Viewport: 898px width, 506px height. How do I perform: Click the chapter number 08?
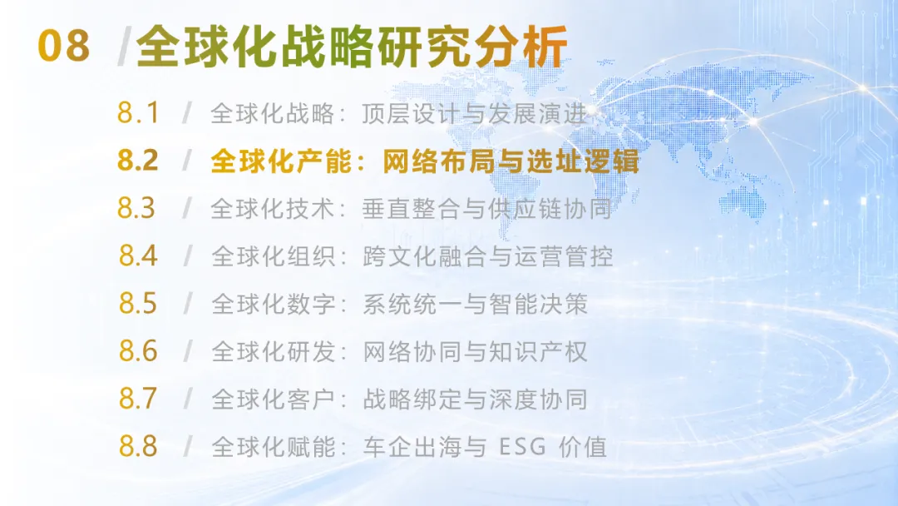tap(63, 46)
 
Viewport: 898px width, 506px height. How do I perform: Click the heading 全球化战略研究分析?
tap(352, 46)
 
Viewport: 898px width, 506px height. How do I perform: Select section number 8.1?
tap(137, 113)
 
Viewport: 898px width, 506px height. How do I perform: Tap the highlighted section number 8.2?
tap(137, 161)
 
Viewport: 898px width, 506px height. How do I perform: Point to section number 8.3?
tap(136, 208)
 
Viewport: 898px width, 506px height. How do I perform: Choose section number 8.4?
tap(138, 255)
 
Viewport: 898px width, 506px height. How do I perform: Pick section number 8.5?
tap(137, 303)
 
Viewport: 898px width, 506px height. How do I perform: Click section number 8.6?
tap(138, 350)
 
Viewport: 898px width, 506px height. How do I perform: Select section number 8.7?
tap(137, 399)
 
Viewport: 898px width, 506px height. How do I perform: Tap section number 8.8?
tap(138, 446)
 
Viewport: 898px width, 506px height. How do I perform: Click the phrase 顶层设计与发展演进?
tap(475, 113)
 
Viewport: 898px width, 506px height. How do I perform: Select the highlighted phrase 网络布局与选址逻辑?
tap(511, 161)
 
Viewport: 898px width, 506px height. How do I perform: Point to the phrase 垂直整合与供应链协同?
tap(486, 209)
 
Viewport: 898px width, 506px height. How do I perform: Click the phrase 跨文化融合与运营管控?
tap(488, 256)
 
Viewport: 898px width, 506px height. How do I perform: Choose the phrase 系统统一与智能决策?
tap(476, 304)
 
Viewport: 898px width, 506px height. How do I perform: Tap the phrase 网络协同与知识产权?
tap(476, 351)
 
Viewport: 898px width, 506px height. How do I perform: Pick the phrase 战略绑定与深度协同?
tap(476, 399)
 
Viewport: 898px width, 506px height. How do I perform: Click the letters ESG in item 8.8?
tap(522, 446)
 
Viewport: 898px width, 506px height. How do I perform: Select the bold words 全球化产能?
tap(281, 161)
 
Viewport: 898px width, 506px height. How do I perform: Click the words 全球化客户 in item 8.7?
tap(274, 399)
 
